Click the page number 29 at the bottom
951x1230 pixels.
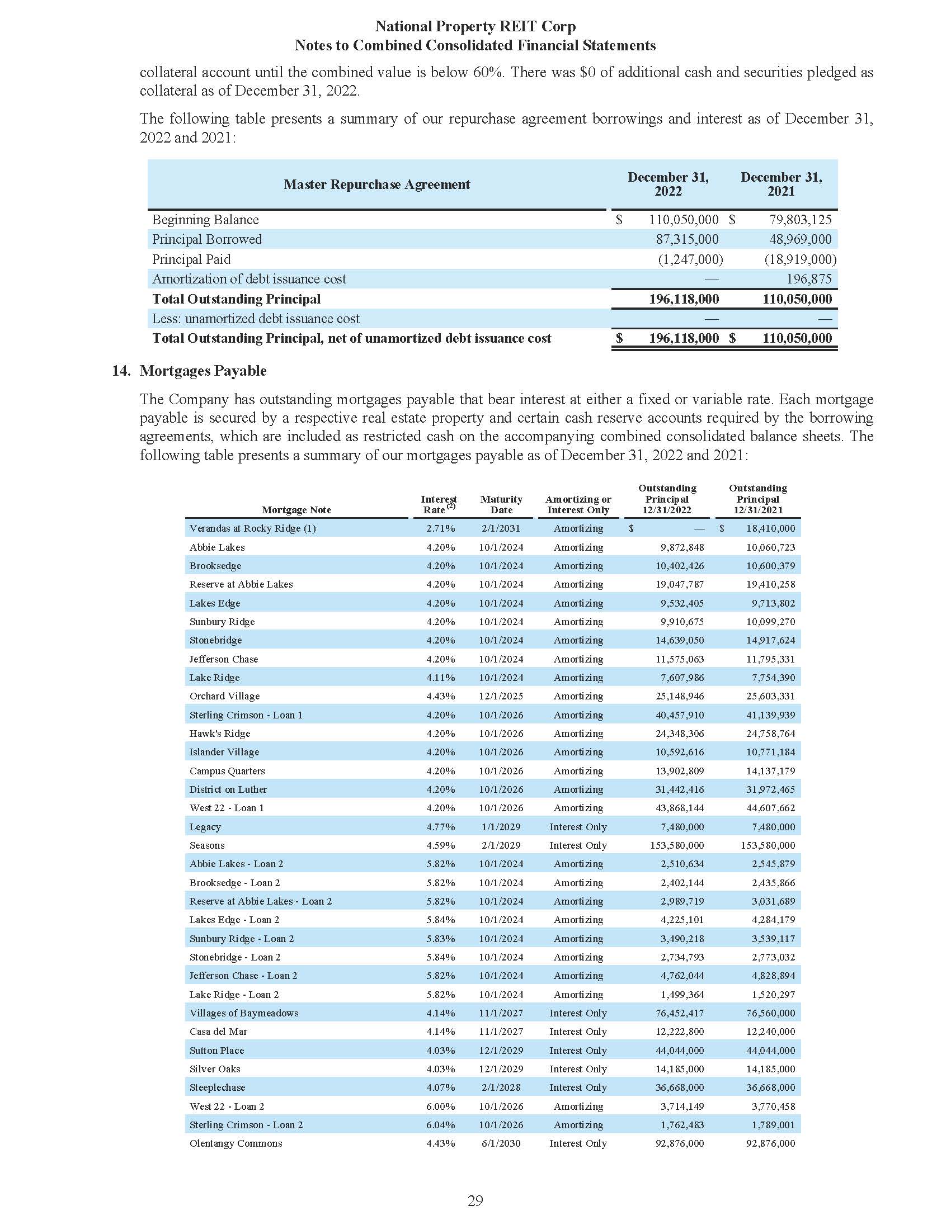[x=475, y=1201]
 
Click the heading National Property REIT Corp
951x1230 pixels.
[x=475, y=26]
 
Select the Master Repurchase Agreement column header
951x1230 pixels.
[x=376, y=184]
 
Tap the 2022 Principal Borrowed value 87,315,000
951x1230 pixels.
[x=687, y=239]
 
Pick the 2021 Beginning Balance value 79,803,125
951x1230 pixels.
[x=800, y=220]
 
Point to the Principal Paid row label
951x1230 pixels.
[x=191, y=259]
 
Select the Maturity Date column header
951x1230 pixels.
[x=501, y=504]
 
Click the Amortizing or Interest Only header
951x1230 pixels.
[x=578, y=504]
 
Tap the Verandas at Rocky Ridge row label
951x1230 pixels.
[x=252, y=528]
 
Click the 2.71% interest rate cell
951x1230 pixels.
[x=441, y=528]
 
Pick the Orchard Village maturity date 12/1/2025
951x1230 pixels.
[x=501, y=696]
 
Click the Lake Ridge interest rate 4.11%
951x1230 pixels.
[x=441, y=678]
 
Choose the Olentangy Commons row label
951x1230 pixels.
[x=236, y=1143]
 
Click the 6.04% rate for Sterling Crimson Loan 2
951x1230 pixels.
[x=441, y=1125]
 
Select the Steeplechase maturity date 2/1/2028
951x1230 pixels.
[x=501, y=1087]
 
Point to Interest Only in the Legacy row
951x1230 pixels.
[x=578, y=827]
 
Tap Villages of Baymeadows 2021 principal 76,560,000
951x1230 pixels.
[x=770, y=1013]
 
